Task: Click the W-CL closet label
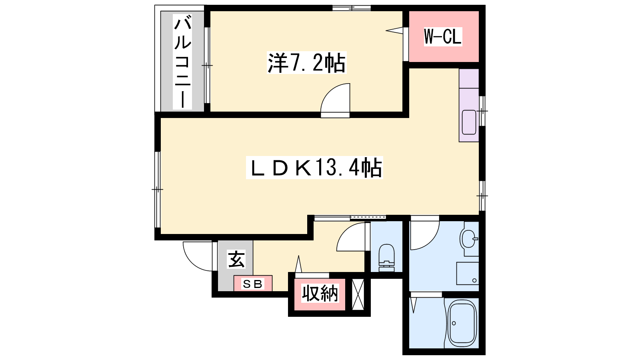(x=443, y=36)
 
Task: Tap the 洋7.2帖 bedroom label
(x=306, y=62)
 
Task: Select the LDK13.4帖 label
(x=314, y=168)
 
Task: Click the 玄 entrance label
(x=236, y=259)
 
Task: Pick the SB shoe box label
(x=252, y=284)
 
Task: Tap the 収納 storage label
(x=320, y=293)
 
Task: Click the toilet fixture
(x=386, y=258)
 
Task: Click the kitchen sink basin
(x=469, y=122)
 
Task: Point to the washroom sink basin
(x=468, y=238)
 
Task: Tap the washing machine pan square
(x=468, y=274)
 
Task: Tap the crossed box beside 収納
(x=358, y=294)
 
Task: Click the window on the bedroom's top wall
(x=352, y=8)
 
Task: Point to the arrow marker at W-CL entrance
(x=394, y=30)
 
